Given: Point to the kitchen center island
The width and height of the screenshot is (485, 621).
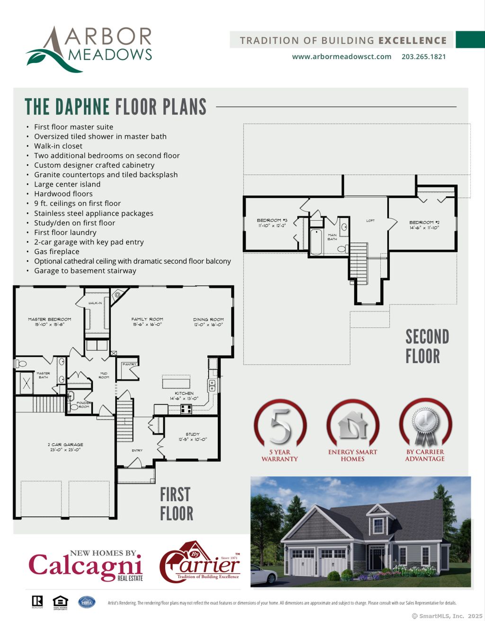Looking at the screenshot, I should click(x=176, y=381).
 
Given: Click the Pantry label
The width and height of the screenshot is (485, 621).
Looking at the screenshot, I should click(x=129, y=364).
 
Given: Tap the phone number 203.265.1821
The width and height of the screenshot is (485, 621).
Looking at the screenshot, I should click(x=423, y=56).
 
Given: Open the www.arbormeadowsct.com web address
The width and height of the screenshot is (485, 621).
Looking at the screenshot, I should click(x=341, y=56).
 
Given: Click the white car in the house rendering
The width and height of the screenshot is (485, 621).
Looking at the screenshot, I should click(x=263, y=575).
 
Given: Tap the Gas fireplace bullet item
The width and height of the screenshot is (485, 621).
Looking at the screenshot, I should click(x=56, y=251).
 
